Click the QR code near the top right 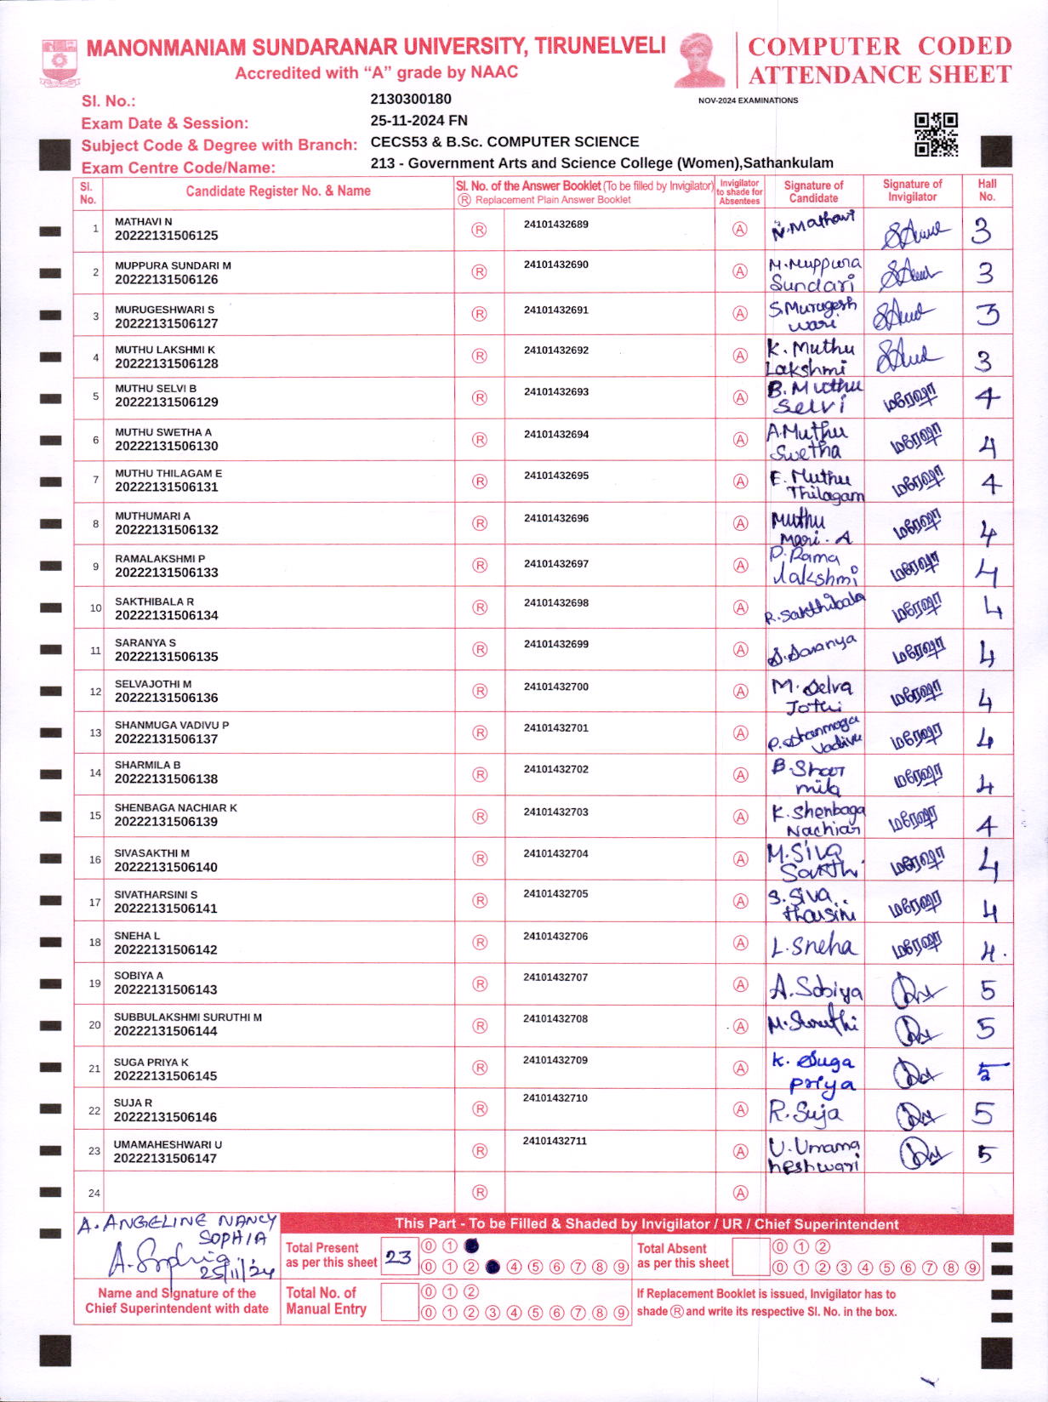tap(936, 134)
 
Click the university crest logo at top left tap(59, 61)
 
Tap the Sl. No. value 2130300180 tap(411, 100)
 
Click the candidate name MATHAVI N tap(143, 221)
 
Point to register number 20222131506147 tap(165, 1158)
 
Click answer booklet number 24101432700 tap(555, 687)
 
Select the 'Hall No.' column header tap(987, 190)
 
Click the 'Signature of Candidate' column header tap(813, 191)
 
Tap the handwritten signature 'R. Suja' tap(805, 1111)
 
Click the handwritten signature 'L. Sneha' tap(812, 945)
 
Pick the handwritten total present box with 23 tap(398, 1257)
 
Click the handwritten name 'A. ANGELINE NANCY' tap(177, 1225)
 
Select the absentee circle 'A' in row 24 tap(740, 1193)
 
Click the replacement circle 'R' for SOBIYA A tap(480, 984)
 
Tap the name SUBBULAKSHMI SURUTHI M tap(188, 1017)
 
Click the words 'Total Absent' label tap(672, 1248)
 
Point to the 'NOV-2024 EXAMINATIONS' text tap(748, 100)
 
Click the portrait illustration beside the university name tap(700, 60)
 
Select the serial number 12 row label tap(95, 692)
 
